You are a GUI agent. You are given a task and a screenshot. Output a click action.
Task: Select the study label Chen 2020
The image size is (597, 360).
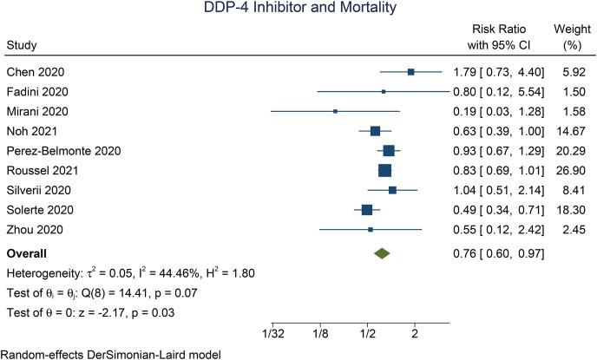(34, 72)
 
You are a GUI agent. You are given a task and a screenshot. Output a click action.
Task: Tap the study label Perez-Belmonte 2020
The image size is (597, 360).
(60, 151)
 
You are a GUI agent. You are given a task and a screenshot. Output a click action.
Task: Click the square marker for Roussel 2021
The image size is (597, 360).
(384, 170)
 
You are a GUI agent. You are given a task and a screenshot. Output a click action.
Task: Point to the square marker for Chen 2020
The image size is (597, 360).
(410, 72)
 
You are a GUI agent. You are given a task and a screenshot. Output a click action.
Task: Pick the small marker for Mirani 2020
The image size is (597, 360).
(335, 111)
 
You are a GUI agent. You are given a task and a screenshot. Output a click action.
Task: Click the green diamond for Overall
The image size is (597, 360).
(381, 253)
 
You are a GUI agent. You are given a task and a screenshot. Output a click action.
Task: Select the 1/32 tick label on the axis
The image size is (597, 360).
(272, 333)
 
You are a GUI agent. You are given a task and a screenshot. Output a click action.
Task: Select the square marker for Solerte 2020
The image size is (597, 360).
(367, 209)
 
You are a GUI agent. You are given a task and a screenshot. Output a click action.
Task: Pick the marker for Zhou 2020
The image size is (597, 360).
(371, 229)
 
